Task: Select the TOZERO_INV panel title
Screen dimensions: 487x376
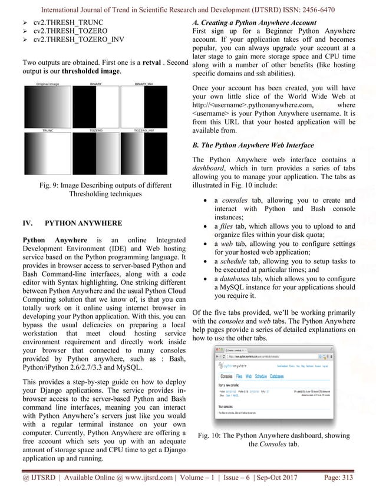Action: pos(144,130)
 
